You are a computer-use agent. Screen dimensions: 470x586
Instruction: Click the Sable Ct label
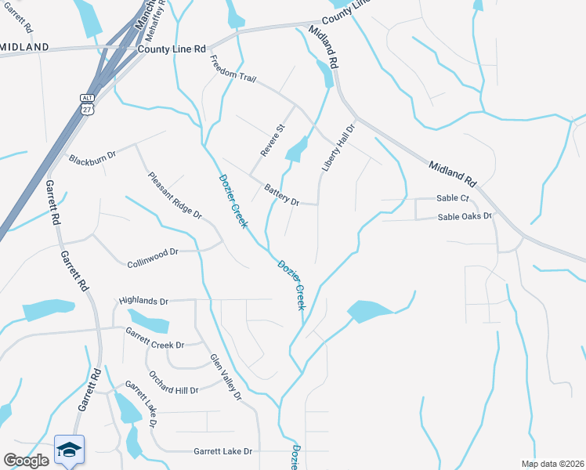click(453, 198)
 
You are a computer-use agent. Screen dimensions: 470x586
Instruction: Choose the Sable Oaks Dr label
click(465, 216)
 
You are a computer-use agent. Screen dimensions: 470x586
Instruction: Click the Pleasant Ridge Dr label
click(174, 195)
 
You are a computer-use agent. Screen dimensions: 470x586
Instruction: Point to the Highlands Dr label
click(143, 301)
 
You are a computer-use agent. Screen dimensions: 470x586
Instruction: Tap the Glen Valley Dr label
click(226, 378)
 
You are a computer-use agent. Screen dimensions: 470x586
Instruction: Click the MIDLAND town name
click(24, 47)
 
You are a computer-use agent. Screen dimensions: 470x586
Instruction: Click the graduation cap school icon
click(69, 450)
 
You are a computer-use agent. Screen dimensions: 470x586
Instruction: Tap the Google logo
click(26, 460)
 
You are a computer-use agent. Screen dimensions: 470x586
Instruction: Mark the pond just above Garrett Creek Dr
click(148, 321)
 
